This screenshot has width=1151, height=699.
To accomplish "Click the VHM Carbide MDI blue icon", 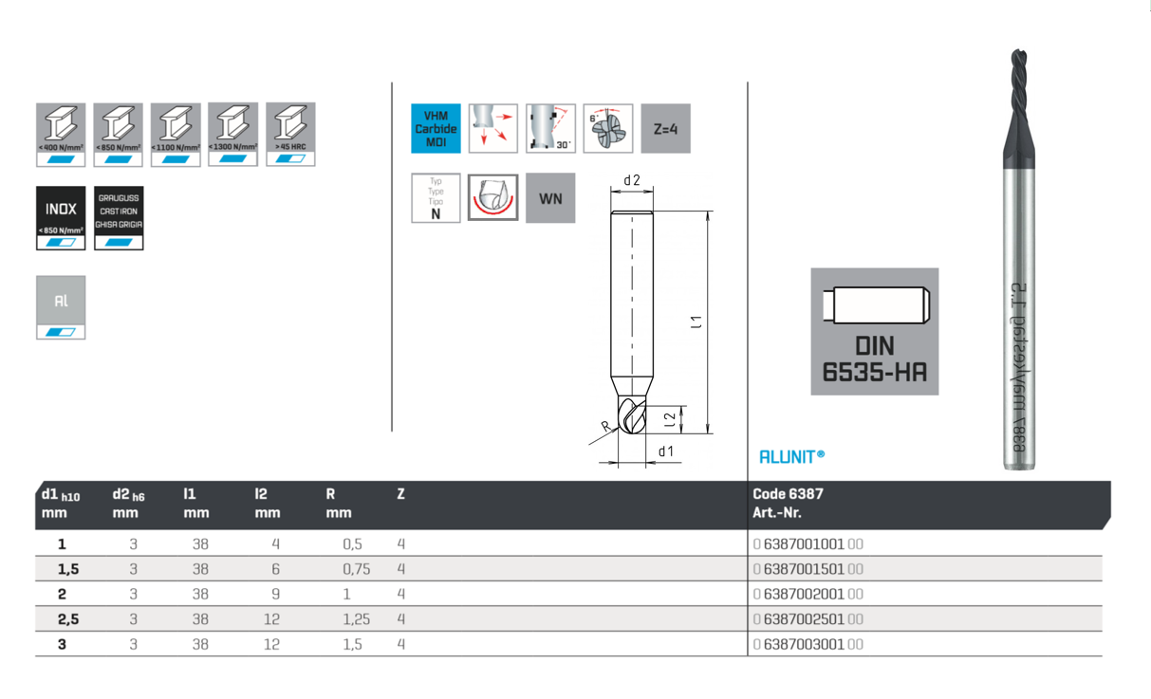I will (436, 129).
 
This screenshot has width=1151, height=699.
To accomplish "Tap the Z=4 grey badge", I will (665, 129).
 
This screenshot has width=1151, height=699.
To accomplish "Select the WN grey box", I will (550, 198).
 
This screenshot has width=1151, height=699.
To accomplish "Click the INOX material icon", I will (61, 218).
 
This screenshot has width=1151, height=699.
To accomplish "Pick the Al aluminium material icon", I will (61, 307).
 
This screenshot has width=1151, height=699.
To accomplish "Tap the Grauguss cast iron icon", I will (119, 218).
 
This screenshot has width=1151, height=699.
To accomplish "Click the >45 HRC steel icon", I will (290, 135).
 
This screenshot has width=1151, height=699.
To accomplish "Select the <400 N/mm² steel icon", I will (61, 135).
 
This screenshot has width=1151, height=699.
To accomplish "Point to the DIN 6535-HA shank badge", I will (874, 331).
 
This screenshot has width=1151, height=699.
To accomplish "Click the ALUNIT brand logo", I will (791, 457).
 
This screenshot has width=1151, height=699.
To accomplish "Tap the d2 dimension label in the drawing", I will (632, 180).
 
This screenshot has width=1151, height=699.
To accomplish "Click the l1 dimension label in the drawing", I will (697, 322).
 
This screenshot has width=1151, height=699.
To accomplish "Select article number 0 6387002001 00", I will (808, 594).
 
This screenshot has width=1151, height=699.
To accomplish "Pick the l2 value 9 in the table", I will (276, 594).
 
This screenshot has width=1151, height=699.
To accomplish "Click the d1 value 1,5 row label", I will (67, 569).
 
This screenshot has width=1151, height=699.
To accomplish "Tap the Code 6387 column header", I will (788, 494).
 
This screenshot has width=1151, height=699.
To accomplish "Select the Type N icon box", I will (436, 198).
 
